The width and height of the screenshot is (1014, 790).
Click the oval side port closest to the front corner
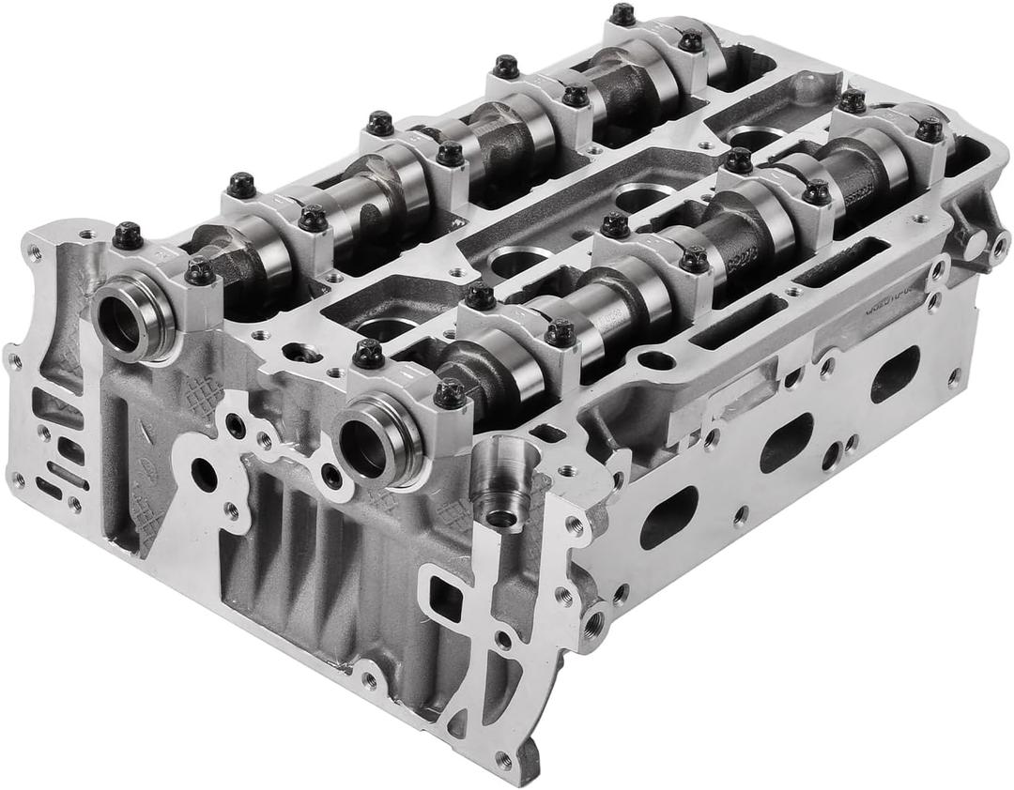(668, 517)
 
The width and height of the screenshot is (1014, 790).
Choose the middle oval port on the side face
(786, 442)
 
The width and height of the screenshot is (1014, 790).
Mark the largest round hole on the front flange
(204, 474)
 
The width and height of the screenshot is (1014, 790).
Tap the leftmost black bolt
(128, 235)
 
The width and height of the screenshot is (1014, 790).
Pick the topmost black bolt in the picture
(622, 14)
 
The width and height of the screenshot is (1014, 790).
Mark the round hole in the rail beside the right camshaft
(655, 360)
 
